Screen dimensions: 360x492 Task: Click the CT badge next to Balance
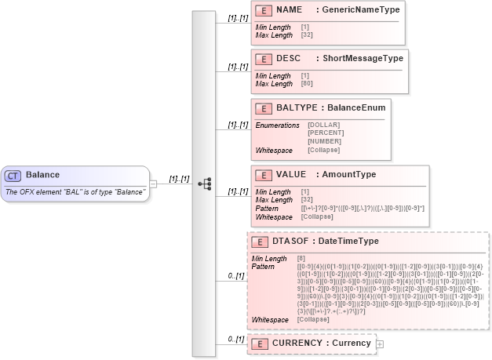(x=13, y=175)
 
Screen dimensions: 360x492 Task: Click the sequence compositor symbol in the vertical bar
(x=204, y=184)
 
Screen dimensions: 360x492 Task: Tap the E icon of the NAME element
(x=264, y=11)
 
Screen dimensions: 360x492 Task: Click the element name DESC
(x=288, y=58)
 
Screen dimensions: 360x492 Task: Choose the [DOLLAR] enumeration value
(x=323, y=125)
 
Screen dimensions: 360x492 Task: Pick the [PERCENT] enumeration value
(x=326, y=133)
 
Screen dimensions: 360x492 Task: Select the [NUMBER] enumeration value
(x=325, y=141)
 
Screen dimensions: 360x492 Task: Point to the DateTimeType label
(x=348, y=241)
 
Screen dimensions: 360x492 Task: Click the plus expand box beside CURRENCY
(x=380, y=344)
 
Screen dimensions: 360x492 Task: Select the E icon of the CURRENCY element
(x=260, y=344)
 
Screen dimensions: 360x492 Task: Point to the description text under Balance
(x=75, y=192)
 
